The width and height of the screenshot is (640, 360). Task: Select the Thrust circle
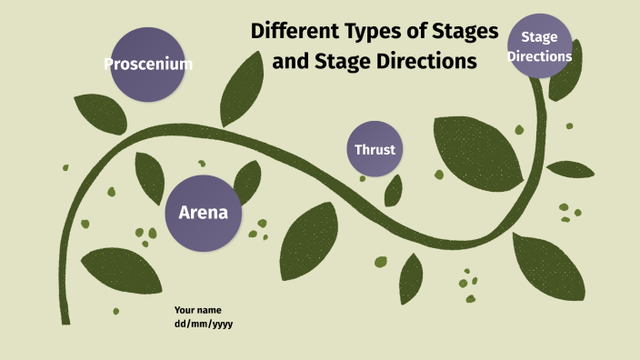click(375, 149)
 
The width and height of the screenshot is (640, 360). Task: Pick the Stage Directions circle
click(539, 45)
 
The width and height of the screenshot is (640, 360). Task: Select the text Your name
click(197, 310)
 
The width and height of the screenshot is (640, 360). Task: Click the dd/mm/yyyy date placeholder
click(204, 324)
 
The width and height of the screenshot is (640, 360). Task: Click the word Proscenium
click(148, 65)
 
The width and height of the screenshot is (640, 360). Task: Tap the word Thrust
click(375, 150)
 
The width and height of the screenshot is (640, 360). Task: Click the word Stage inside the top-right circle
click(539, 37)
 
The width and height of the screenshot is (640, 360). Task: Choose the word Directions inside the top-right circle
click(539, 55)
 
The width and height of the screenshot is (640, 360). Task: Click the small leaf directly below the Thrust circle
click(394, 190)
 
